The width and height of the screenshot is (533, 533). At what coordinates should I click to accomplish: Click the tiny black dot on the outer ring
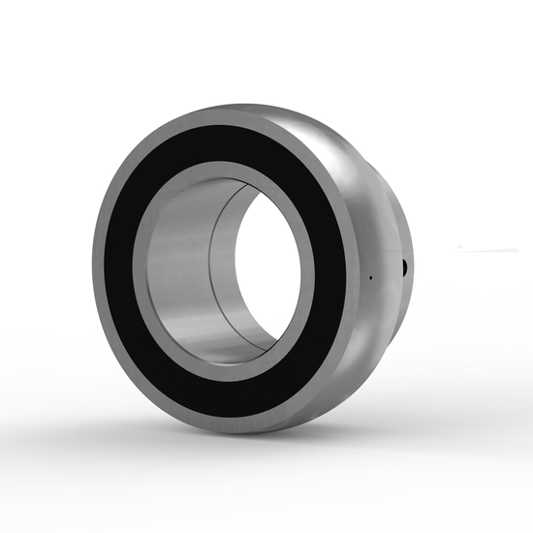(x=369, y=279)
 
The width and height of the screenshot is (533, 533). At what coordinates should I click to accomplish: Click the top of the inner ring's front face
(x=228, y=172)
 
